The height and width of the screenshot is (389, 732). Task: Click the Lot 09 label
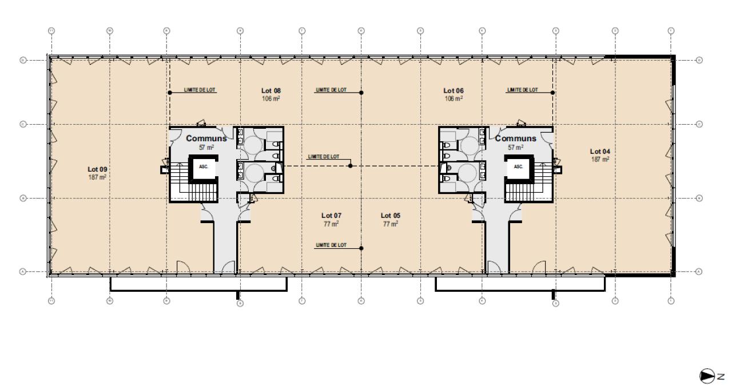97,169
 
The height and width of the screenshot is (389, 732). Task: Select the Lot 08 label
270,91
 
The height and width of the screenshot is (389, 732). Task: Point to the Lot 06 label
453,91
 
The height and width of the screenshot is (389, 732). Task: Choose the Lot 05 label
391,216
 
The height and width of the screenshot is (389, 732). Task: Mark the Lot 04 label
600,151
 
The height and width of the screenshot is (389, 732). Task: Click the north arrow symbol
706,376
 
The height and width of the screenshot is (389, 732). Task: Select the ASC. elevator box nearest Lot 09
203,167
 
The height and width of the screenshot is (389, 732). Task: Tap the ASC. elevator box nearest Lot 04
519,167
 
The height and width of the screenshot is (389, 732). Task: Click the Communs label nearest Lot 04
516,138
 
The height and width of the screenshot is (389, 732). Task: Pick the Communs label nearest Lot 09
206,138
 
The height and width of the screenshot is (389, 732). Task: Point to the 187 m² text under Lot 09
97,177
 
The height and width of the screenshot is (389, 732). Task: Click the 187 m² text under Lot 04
600,159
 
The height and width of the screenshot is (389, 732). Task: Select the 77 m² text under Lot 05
391,224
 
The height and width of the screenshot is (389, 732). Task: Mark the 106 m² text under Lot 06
453,98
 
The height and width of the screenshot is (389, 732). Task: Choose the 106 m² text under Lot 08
270,98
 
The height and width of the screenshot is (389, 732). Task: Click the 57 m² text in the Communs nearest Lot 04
516,147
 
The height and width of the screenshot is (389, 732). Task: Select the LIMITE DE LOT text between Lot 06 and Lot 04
522,90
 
